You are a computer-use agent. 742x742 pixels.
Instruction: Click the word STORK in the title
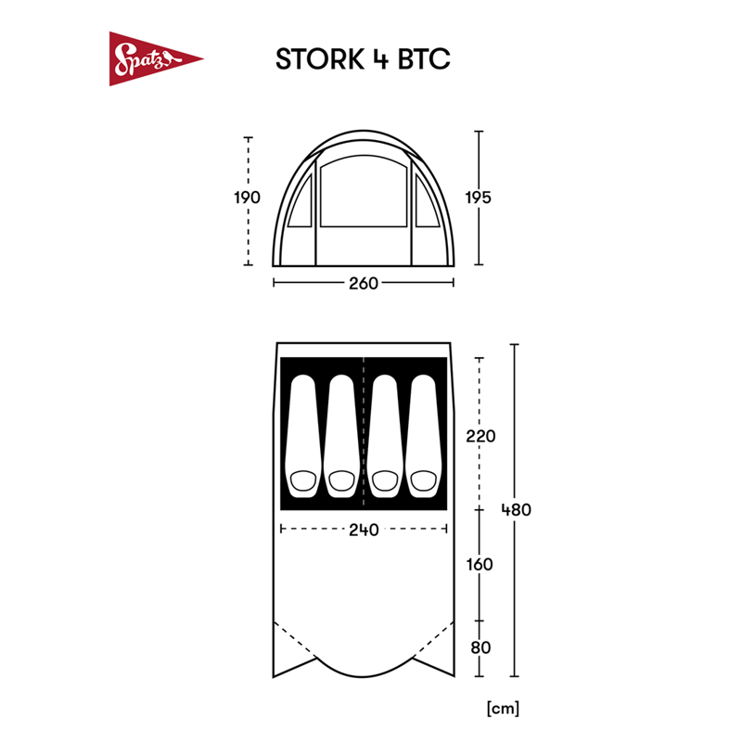[319, 58]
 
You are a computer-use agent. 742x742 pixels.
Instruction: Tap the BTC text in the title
[423, 58]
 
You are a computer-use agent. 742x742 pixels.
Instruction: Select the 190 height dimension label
[248, 198]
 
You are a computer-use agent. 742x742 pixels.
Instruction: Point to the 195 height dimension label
[479, 198]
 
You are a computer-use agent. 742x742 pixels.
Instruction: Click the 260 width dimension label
[365, 283]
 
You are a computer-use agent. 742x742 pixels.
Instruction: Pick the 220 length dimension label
[480, 436]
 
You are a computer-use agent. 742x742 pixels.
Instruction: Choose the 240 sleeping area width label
[365, 531]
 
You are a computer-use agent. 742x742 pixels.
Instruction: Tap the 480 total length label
[516, 509]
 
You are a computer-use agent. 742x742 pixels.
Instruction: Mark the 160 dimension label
[480, 564]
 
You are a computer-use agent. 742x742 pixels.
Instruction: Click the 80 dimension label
[480, 646]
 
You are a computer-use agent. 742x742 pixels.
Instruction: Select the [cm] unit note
[502, 709]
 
